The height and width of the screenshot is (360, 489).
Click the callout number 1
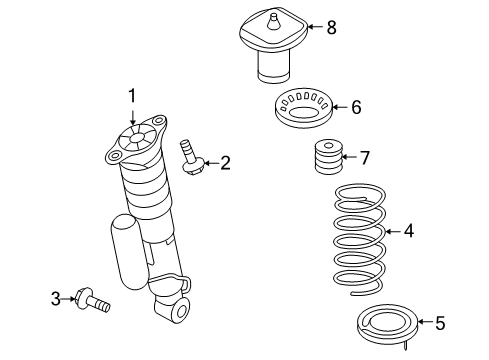131,95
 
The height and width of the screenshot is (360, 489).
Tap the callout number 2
225,162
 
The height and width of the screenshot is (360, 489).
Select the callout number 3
56,297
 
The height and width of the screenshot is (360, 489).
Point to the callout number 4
408,231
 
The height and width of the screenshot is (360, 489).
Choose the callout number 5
440,322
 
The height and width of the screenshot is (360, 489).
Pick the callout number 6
355,106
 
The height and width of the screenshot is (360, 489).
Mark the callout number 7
365,156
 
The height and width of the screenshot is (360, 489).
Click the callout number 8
331,27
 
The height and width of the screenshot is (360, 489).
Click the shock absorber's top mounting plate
133,140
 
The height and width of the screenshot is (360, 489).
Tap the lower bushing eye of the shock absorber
180,311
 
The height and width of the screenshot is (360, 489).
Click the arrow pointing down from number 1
131,116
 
